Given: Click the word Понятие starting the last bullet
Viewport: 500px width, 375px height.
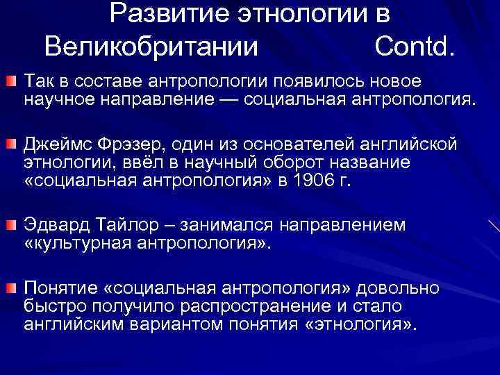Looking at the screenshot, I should pyautogui.click(x=64, y=287).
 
